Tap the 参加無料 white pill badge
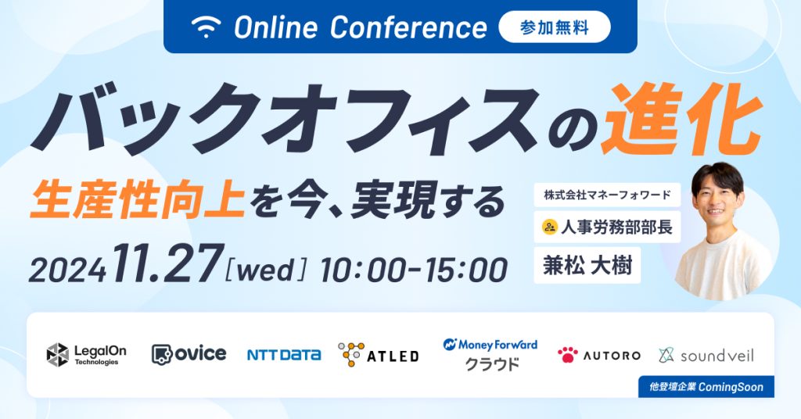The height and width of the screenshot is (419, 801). click(x=554, y=27)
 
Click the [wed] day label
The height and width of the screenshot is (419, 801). click(x=266, y=268)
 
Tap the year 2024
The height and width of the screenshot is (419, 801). click(x=67, y=270)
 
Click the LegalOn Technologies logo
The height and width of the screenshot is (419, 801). click(x=86, y=354)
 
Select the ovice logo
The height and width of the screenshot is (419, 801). click(x=189, y=354)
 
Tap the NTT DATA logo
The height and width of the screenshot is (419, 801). click(x=284, y=355)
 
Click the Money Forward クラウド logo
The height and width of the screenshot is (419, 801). click(x=490, y=354)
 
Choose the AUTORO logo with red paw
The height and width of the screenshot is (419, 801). click(x=598, y=355)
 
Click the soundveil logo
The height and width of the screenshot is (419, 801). click(x=706, y=355)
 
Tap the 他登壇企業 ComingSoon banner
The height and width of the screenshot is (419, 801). click(x=700, y=385)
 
